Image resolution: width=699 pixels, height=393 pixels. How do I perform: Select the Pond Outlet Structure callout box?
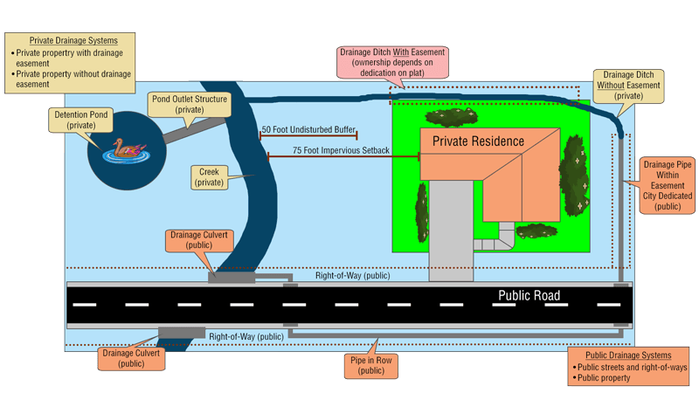[x=190, y=105]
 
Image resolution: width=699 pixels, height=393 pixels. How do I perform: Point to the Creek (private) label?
[x=213, y=177]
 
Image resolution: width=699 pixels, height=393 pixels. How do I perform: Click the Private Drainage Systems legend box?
[x=70, y=62]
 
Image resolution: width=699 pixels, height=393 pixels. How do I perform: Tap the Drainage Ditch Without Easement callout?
[x=626, y=87]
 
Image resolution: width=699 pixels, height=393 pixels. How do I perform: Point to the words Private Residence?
[x=479, y=141]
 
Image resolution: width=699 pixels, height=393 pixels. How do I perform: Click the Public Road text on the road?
[x=529, y=295]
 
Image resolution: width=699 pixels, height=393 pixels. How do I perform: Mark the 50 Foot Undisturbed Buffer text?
[x=308, y=129]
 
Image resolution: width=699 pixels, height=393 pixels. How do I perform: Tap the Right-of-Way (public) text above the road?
[x=353, y=275]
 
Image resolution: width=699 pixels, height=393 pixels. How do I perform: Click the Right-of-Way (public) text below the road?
[x=246, y=335]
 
